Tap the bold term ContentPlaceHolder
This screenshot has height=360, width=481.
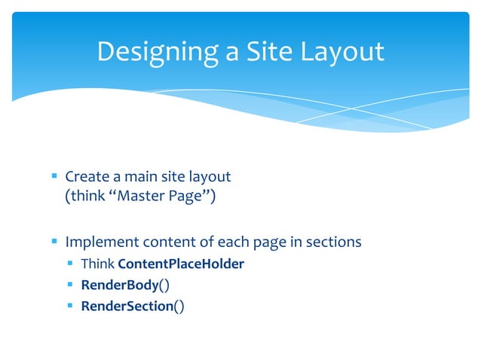point(181,264)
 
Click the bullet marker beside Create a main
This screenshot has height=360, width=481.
point(54,177)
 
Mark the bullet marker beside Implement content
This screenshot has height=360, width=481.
point(54,243)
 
